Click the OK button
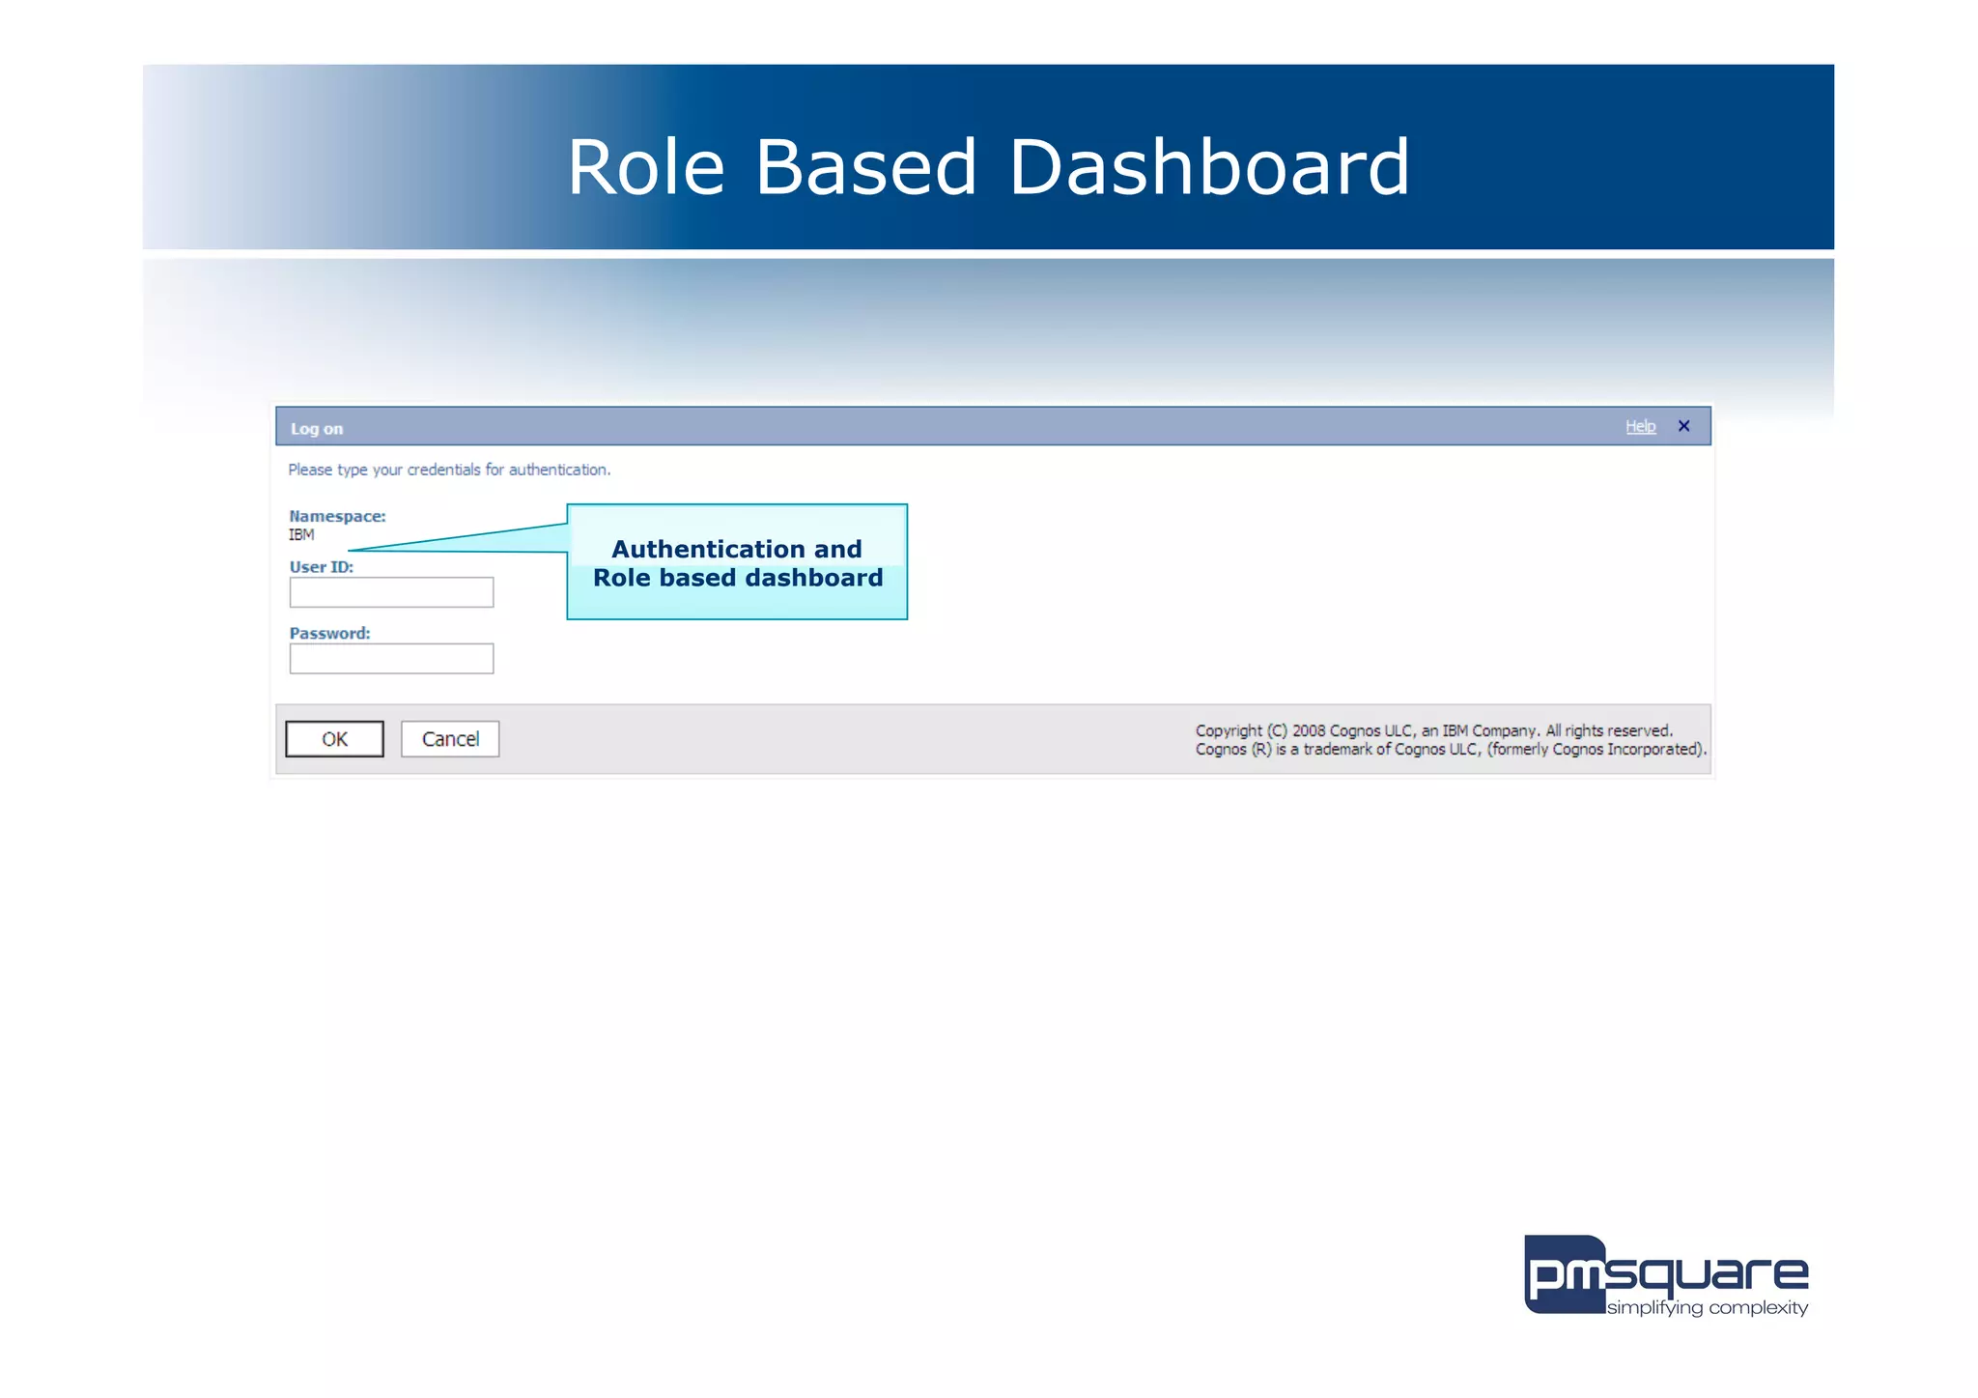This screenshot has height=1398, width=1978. click(x=334, y=739)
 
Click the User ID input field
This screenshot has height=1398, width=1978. click(x=391, y=592)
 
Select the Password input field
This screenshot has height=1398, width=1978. click(x=391, y=659)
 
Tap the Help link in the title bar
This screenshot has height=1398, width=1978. click(x=1640, y=426)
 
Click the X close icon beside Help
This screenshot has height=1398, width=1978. click(x=1683, y=426)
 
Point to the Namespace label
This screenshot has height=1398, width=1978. click(x=337, y=516)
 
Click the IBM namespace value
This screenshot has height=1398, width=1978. click(x=301, y=534)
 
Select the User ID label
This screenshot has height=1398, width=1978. click(x=321, y=567)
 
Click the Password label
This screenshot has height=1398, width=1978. click(x=329, y=634)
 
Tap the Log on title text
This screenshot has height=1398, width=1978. click(x=317, y=429)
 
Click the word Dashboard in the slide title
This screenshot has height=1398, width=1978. click(x=1208, y=167)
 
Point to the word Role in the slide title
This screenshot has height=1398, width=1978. click(x=645, y=167)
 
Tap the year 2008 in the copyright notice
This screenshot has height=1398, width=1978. click(x=1309, y=730)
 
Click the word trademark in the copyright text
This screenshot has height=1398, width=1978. click(x=1337, y=749)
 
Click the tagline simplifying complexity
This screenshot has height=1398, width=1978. click(x=1707, y=1307)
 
